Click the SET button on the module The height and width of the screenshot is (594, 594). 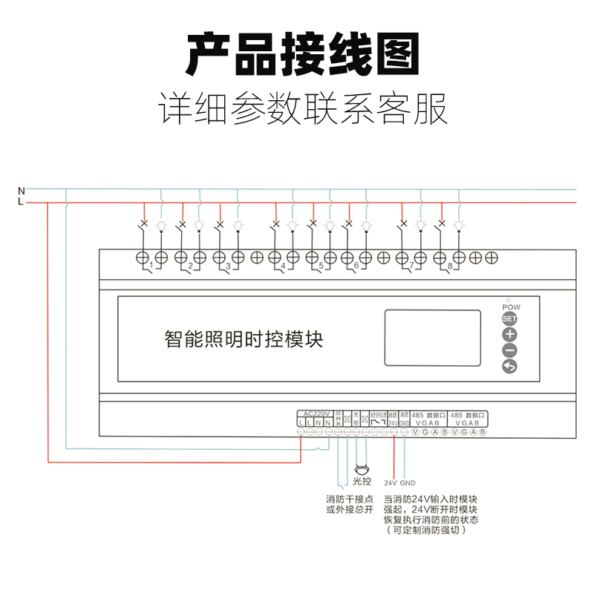click(x=509, y=319)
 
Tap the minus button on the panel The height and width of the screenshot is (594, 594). click(x=509, y=350)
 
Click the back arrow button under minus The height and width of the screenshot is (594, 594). click(x=509, y=366)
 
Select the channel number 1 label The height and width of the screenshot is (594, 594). click(x=151, y=265)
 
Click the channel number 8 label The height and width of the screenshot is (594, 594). click(x=450, y=265)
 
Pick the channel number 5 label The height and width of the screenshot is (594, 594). click(x=320, y=265)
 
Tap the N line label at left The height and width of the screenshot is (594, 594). click(x=21, y=190)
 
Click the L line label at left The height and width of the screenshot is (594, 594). click(x=21, y=201)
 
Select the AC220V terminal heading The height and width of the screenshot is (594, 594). click(x=317, y=414)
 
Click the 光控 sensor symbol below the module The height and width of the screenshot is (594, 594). click(x=362, y=469)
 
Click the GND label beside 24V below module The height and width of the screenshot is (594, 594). click(x=408, y=483)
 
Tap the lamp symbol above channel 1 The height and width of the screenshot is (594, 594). click(x=161, y=223)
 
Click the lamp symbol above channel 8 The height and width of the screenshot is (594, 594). click(x=459, y=223)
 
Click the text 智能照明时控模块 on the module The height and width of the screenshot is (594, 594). click(x=243, y=340)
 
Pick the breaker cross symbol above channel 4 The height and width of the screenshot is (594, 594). click(x=276, y=223)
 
